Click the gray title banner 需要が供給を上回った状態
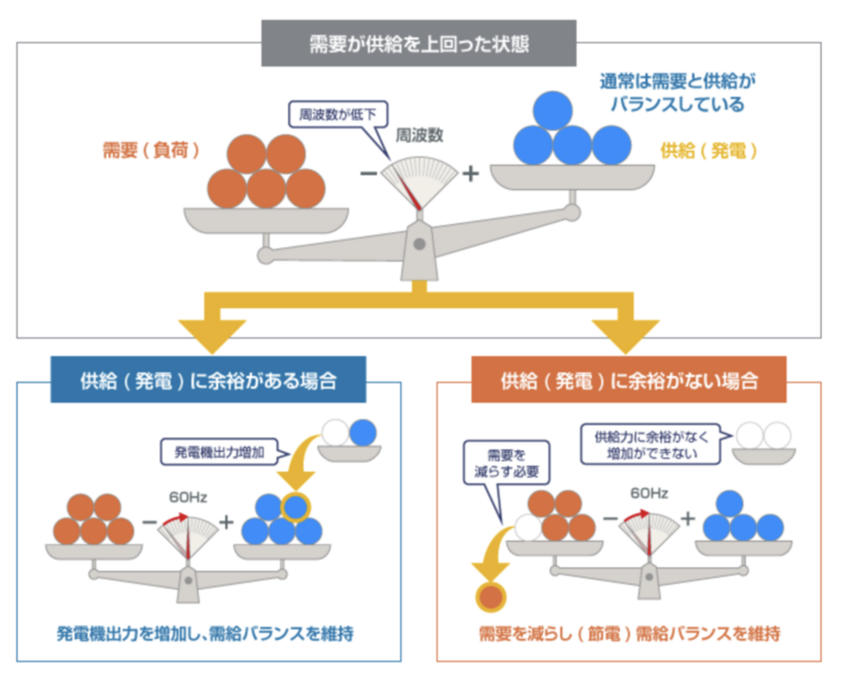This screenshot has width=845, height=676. pos(419,44)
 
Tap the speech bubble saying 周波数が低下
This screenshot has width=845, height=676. pos(337,114)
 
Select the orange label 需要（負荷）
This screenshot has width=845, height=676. pos(151,150)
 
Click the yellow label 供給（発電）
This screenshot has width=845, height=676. pos(708,151)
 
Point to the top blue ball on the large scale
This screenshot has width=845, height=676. pos(552,110)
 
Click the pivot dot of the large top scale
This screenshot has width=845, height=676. pos(419,244)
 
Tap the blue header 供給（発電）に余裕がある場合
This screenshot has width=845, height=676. pos(208,380)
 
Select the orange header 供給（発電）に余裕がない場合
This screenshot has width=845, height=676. pos(629,380)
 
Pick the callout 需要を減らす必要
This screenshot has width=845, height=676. pos(506,463)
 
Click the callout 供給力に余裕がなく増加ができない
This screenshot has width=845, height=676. pos(651,445)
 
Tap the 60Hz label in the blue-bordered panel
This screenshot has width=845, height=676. pos(188,497)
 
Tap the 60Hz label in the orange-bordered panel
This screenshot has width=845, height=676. pos(649,493)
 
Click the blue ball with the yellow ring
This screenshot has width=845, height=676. pos(296,507)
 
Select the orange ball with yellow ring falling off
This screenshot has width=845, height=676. pos(491,596)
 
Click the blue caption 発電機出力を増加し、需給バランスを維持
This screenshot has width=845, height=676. pos(205,633)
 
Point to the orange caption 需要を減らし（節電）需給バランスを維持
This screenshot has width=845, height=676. pos(629,633)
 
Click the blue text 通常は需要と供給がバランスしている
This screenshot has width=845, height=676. pos(677,92)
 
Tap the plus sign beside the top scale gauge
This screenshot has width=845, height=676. pos(471,174)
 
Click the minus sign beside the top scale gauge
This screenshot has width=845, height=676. pos(369,174)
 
